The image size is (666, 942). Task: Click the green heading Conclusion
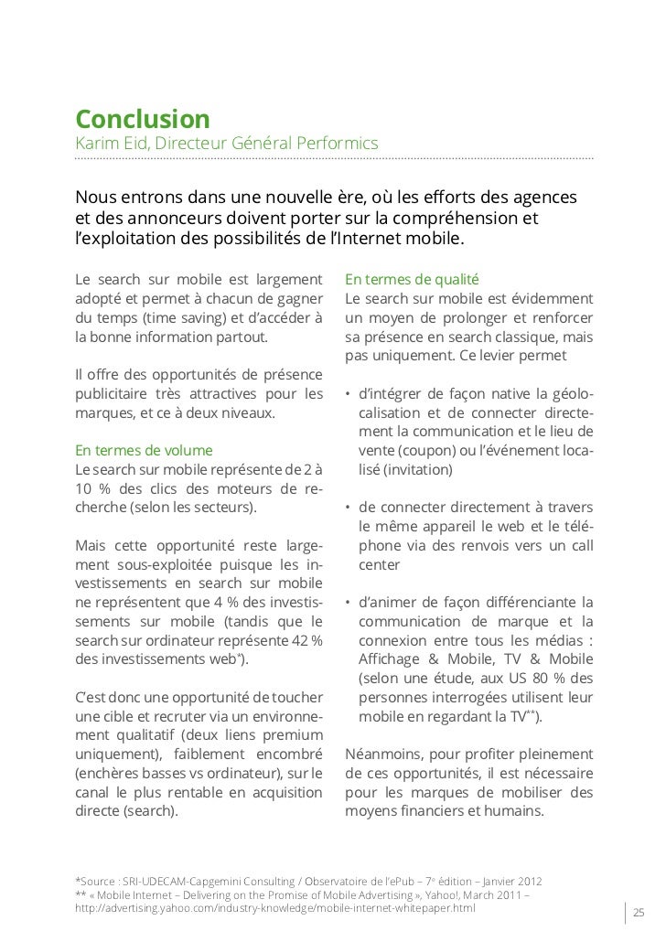pos(142,119)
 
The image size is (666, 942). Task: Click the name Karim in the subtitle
pos(94,144)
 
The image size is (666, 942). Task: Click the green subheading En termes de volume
pos(144,451)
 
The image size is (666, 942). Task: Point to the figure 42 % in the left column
pos(305,639)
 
